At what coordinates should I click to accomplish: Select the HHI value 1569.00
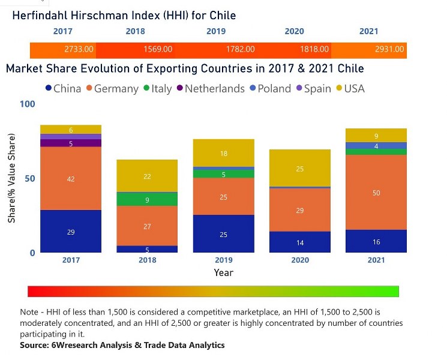click(158, 49)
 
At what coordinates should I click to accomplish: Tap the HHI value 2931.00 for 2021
click(389, 49)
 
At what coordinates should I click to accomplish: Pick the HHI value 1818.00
click(314, 49)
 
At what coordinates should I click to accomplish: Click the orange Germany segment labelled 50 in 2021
click(376, 193)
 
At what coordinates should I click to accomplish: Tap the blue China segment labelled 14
click(300, 242)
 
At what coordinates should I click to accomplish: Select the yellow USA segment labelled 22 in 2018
click(147, 176)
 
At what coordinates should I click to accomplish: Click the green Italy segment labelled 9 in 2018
click(147, 199)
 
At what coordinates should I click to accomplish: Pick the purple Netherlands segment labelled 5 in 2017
click(71, 143)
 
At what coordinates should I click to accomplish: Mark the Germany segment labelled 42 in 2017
click(71, 178)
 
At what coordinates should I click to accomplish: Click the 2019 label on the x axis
click(223, 260)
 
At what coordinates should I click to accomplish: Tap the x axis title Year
click(223, 272)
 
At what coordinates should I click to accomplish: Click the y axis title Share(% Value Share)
click(11, 179)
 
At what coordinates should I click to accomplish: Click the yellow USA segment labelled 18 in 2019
click(223, 153)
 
